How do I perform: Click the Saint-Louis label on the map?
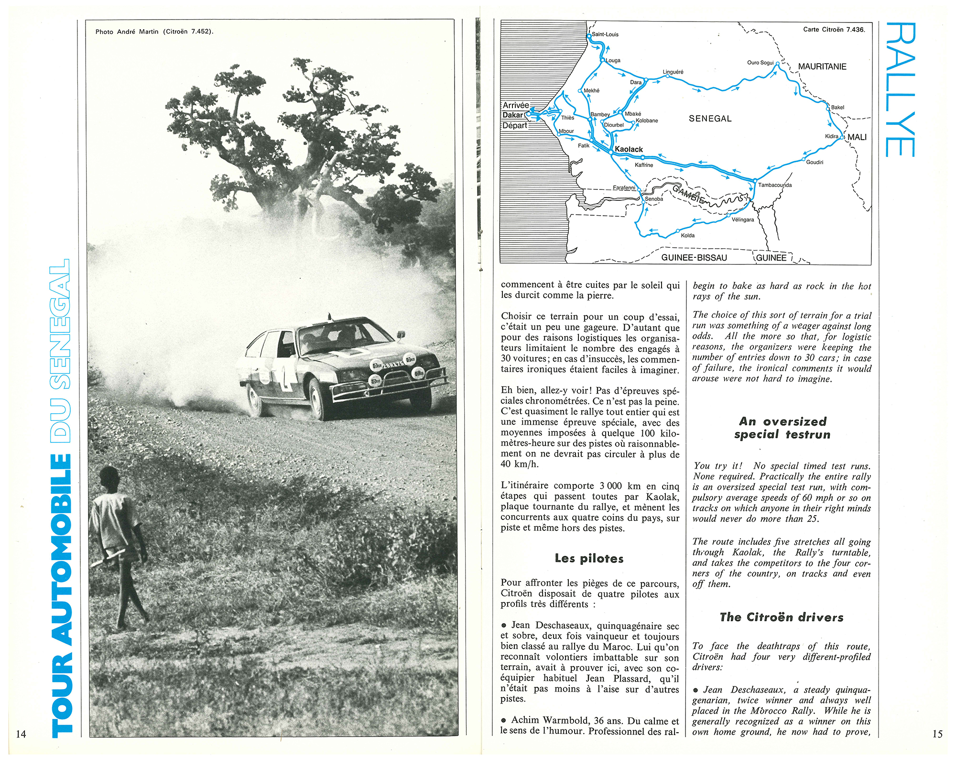(605, 34)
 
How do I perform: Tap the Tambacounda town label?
(775, 185)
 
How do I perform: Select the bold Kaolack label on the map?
(629, 149)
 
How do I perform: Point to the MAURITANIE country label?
(822, 66)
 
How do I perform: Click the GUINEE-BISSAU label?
(694, 258)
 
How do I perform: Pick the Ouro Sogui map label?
(760, 63)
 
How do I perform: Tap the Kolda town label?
(687, 235)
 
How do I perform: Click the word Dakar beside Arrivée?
(512, 115)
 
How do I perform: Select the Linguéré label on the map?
(673, 72)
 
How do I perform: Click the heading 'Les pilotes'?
(589, 559)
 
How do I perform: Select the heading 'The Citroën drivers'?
(782, 617)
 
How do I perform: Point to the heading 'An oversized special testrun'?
(782, 428)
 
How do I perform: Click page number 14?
(21, 734)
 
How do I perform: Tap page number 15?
(937, 734)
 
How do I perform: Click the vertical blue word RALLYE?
(900, 89)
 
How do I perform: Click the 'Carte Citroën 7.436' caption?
(834, 30)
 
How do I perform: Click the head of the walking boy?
(109, 478)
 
